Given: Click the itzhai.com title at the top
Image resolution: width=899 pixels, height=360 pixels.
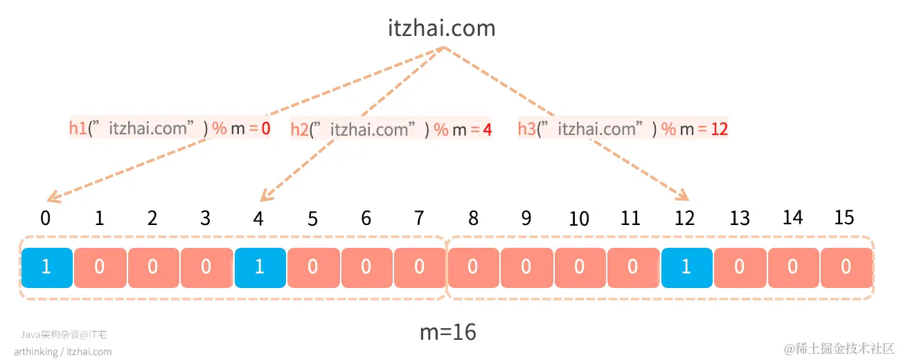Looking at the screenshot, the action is click(x=441, y=28).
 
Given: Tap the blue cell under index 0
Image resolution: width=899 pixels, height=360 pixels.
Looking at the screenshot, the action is click(x=46, y=267).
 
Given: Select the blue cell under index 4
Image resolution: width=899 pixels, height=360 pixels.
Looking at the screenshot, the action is click(x=259, y=267).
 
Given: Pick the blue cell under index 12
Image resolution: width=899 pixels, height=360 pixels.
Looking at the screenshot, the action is click(x=686, y=267).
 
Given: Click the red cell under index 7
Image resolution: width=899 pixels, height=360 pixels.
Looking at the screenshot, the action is click(x=419, y=267).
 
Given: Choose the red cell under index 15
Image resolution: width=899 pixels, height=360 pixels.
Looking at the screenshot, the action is click(x=846, y=267).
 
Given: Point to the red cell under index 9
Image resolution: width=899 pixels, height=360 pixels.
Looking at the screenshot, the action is click(x=526, y=267).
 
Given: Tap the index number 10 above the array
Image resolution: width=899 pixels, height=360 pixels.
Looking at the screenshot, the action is click(x=578, y=219).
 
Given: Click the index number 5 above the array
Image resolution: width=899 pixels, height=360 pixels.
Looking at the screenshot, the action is click(x=312, y=219).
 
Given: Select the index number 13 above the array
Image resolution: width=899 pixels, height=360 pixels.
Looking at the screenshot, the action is click(x=740, y=219).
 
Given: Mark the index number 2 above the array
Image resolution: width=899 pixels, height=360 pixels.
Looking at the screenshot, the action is click(x=152, y=219).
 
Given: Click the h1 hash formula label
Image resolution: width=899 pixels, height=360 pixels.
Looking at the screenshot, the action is click(x=169, y=128).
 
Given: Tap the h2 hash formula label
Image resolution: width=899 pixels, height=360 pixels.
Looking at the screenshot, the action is click(x=391, y=129).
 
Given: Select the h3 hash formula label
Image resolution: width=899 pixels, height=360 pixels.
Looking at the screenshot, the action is click(x=623, y=129).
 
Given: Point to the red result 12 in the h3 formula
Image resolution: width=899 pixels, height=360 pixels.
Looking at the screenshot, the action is click(x=719, y=129).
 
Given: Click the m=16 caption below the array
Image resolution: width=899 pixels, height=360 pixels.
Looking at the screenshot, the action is click(x=448, y=332).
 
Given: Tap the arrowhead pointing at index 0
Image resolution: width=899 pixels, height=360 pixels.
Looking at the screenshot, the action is click(x=52, y=201).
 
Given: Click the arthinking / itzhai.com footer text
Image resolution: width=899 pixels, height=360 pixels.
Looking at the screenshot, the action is click(x=62, y=352).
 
